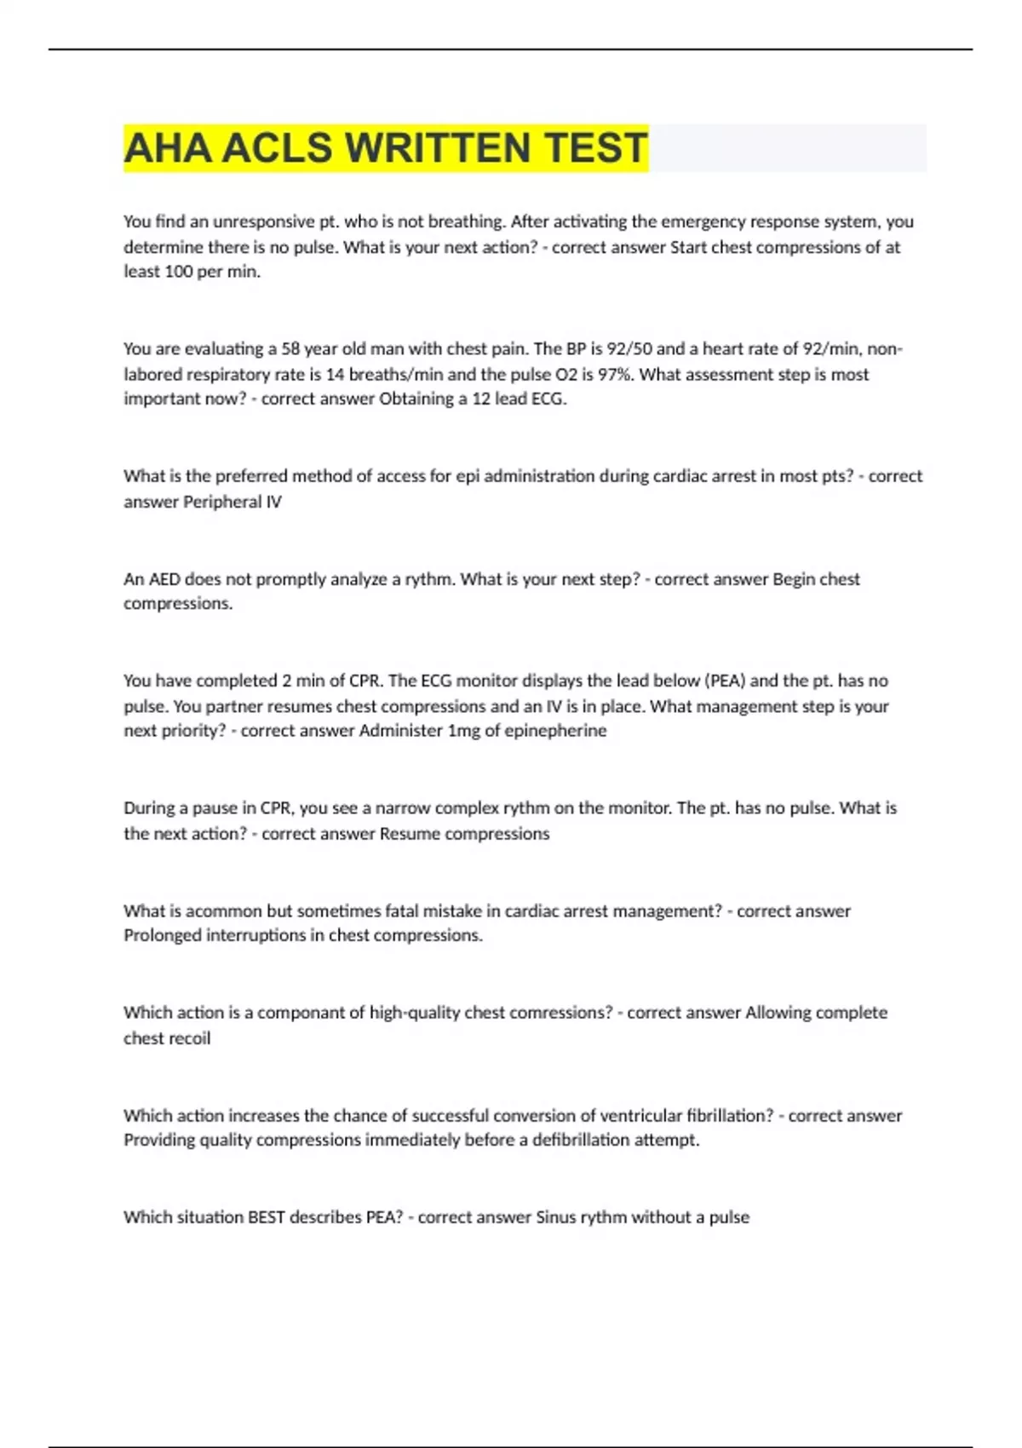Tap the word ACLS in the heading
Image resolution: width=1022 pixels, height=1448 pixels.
coord(277,148)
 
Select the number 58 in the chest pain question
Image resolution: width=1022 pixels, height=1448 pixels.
coord(290,348)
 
